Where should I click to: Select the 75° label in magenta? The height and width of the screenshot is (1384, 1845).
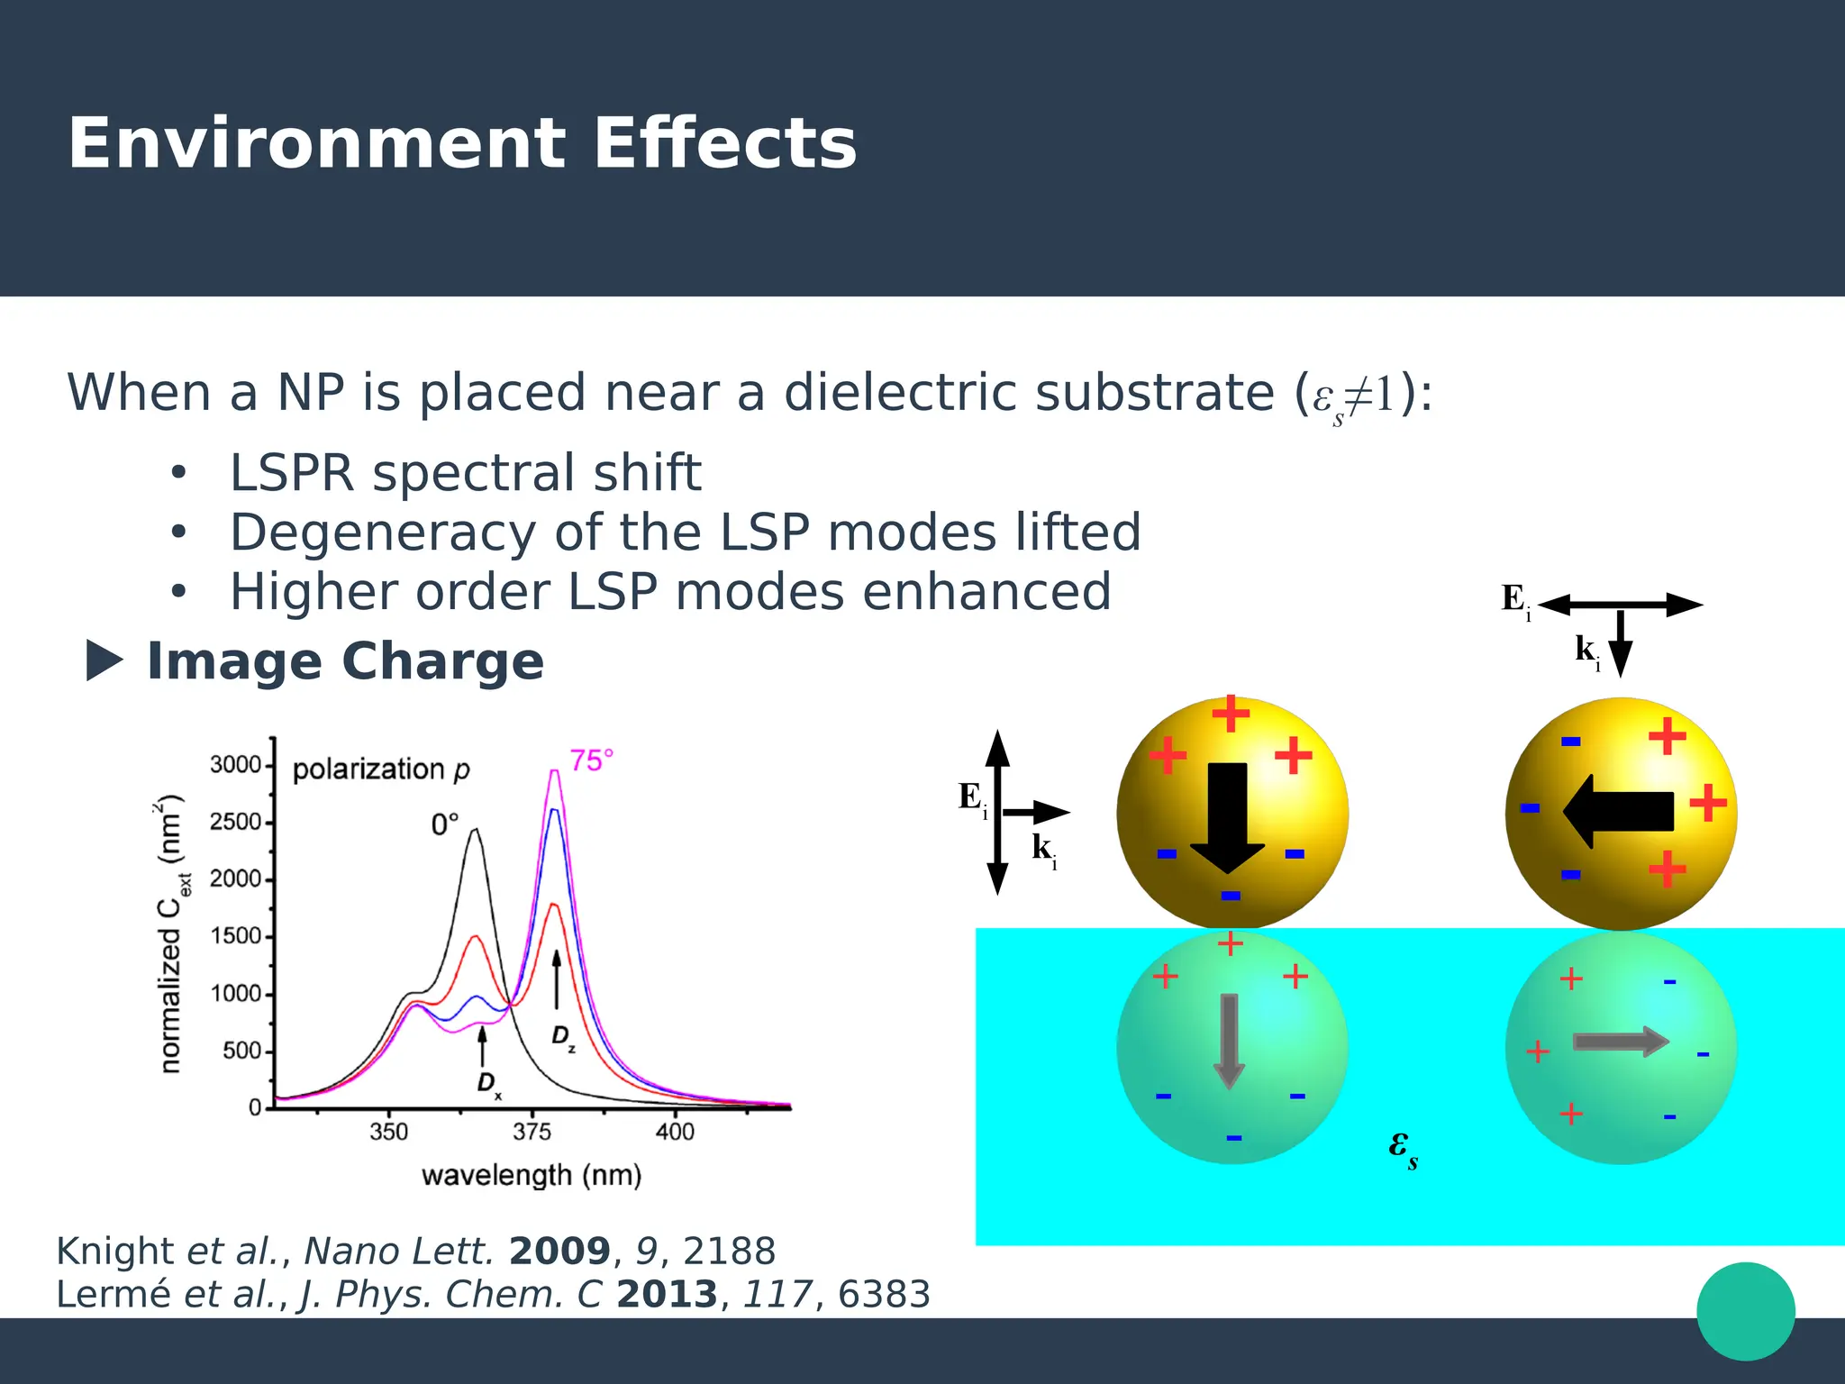(591, 760)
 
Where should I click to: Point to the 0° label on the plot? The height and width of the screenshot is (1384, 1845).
(444, 824)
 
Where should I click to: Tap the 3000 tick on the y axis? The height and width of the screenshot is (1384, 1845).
(235, 765)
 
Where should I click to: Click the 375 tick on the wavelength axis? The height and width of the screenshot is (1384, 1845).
(532, 1132)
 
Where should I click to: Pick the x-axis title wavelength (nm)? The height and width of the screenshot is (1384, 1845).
(532, 1175)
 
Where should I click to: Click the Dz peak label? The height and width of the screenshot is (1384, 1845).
(563, 1037)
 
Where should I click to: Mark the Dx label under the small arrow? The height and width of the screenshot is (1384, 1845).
(488, 1084)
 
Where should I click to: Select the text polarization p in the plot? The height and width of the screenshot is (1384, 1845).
(381, 769)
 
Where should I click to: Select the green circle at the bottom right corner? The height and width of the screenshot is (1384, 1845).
(1745, 1311)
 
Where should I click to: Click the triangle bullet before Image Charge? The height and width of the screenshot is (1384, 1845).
(103, 660)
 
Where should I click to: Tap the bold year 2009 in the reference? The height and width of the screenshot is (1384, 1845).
(559, 1251)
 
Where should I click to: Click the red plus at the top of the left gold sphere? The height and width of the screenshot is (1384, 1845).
(1231, 714)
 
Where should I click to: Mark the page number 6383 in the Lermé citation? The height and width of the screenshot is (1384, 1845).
(884, 1294)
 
